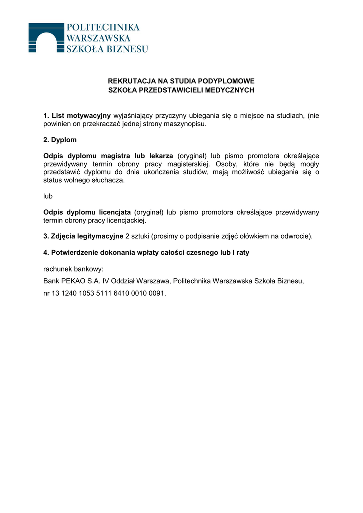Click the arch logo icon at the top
tap(46, 37)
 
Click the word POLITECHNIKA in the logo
tap(103, 27)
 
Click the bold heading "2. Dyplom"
tap(60, 140)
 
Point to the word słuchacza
tap(108, 180)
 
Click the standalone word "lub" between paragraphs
tap(48, 196)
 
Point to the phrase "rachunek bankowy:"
tap(73, 269)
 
